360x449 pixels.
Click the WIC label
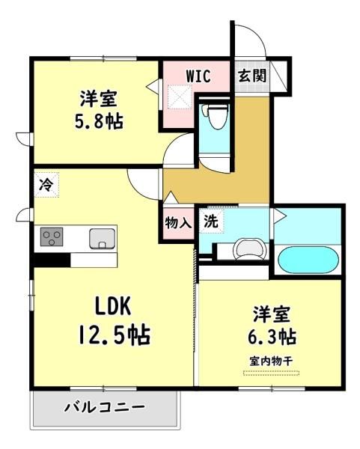198,76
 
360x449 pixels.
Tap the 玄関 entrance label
252,76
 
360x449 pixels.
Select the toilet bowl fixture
216,116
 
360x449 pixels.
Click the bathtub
308,260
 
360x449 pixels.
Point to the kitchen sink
102,238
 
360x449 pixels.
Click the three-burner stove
52,236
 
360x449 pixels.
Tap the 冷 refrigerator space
46,185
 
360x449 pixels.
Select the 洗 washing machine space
211,222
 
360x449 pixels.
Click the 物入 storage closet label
178,223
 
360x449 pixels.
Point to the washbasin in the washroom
250,249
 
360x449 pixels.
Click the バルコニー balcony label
104,407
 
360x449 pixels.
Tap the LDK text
113,306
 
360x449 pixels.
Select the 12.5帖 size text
115,335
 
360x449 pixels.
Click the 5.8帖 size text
99,122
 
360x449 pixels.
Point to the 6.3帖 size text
272,337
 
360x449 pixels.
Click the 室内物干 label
271,361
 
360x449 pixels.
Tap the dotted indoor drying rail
271,373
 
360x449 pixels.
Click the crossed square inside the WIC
179,97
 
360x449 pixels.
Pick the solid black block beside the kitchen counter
52,260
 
